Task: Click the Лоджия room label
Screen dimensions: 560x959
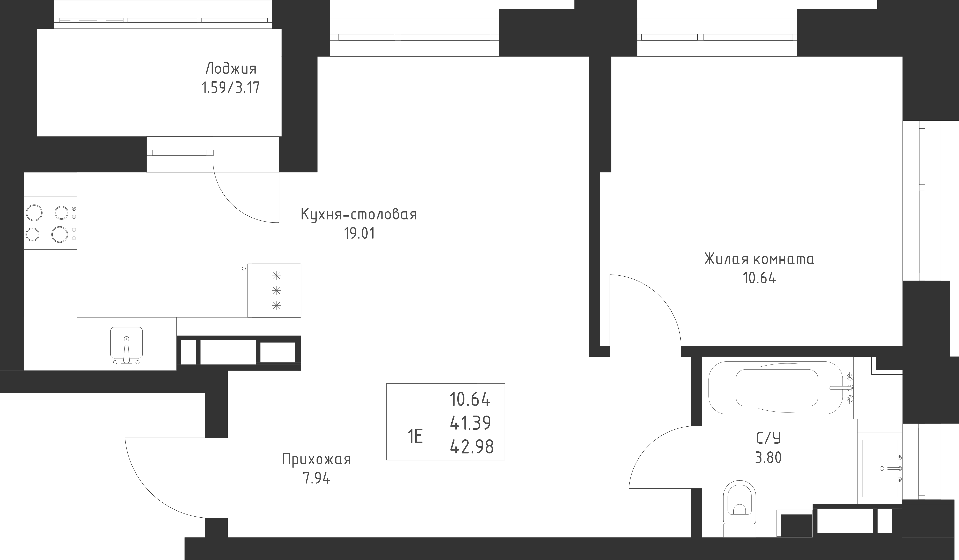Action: click(231, 69)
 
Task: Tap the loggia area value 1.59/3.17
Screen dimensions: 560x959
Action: click(231, 88)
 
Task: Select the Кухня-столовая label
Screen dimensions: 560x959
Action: click(358, 215)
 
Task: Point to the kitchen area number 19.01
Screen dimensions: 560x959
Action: click(359, 233)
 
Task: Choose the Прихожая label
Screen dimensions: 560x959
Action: click(316, 459)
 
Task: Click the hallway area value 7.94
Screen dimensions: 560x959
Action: click(316, 478)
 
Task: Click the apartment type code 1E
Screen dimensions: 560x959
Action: click(415, 437)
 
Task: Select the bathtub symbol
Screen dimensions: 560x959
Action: click(776, 388)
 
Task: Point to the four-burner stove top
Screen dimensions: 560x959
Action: click(47, 223)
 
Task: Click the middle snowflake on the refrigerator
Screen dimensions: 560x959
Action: click(277, 291)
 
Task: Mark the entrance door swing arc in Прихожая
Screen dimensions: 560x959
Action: click(152, 491)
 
